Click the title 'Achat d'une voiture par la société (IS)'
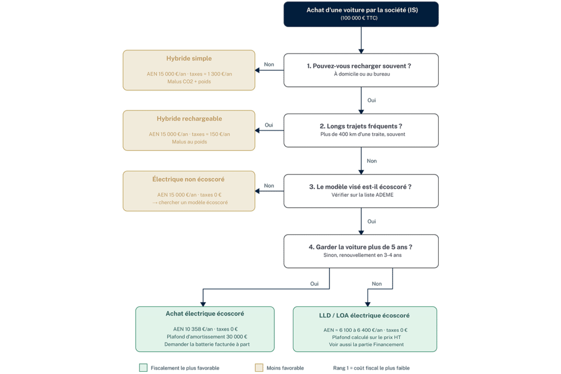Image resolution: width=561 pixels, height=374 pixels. [x=362, y=10]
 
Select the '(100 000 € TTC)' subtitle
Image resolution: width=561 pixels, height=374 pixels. [x=359, y=18]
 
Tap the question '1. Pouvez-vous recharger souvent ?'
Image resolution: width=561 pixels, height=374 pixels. [x=359, y=66]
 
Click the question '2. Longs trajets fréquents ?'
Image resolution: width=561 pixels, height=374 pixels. [x=360, y=126]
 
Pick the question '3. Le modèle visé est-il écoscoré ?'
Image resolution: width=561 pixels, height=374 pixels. [x=360, y=187]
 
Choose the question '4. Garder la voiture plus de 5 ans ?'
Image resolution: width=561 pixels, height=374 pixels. [x=360, y=247]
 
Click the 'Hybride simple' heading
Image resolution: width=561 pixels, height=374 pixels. [x=189, y=58]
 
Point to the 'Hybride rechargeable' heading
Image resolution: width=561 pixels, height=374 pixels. [x=189, y=119]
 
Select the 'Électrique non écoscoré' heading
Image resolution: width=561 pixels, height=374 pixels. [x=188, y=179]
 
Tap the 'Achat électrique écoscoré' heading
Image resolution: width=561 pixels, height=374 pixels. [x=205, y=314]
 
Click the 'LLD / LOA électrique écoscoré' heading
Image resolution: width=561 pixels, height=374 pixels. [x=364, y=315]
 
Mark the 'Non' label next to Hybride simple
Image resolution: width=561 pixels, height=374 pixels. [x=269, y=65]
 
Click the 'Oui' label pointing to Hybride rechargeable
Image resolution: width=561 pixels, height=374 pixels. [x=268, y=125]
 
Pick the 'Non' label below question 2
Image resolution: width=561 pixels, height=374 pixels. [x=372, y=161]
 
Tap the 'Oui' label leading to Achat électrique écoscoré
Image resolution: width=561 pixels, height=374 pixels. [x=314, y=284]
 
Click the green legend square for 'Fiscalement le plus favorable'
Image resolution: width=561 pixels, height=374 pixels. [x=143, y=367]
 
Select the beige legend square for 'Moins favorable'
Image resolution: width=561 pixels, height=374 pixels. [x=259, y=367]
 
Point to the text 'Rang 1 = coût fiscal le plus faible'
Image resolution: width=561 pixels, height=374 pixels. [x=371, y=368]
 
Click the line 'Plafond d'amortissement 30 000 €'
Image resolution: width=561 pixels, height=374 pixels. [x=207, y=337]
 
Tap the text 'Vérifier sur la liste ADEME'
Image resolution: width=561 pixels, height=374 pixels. [x=363, y=195]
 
